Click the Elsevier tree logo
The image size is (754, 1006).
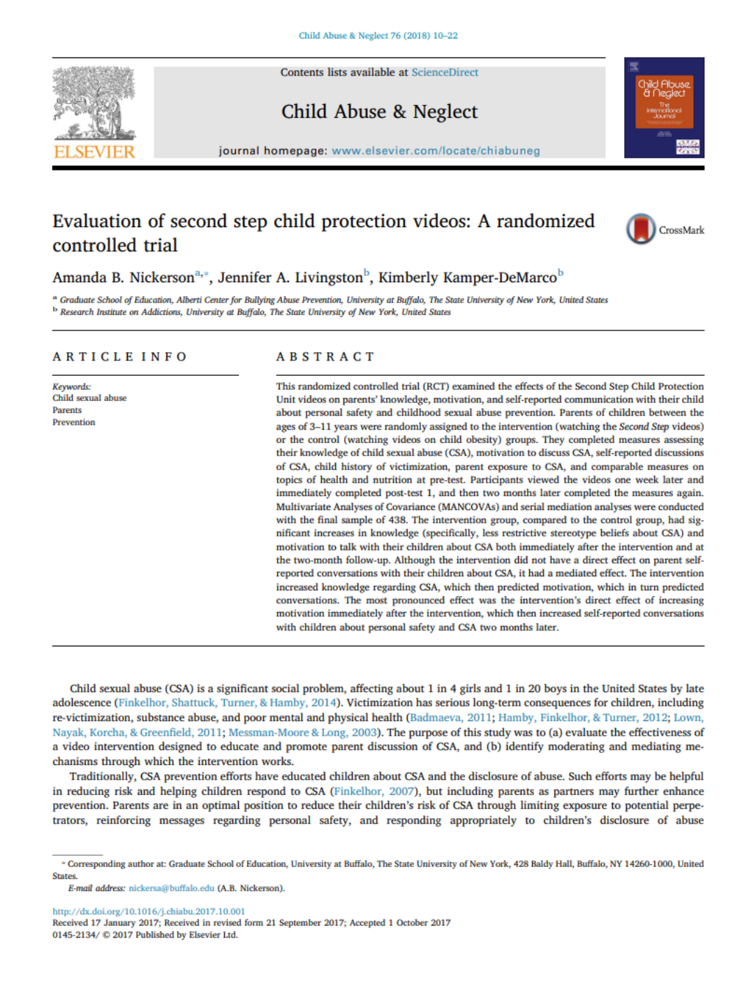[94, 103]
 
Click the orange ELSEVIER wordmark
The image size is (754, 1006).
[94, 152]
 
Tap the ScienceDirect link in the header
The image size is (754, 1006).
[445, 73]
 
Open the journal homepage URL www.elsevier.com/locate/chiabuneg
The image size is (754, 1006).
[436, 151]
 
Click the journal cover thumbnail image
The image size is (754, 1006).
[663, 108]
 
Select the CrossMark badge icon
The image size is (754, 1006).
[640, 229]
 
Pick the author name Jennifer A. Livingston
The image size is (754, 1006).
[290, 278]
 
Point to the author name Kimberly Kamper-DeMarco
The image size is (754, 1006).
[467, 278]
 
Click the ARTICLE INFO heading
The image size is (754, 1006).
[120, 357]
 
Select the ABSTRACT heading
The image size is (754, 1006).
[325, 357]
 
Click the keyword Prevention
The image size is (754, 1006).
[73, 423]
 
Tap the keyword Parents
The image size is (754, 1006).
[67, 411]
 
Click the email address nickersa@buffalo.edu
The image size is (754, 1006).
[171, 889]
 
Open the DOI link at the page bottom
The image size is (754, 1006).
[149, 911]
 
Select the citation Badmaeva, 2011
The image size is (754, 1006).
[450, 717]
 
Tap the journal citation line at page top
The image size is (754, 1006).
[378, 36]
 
